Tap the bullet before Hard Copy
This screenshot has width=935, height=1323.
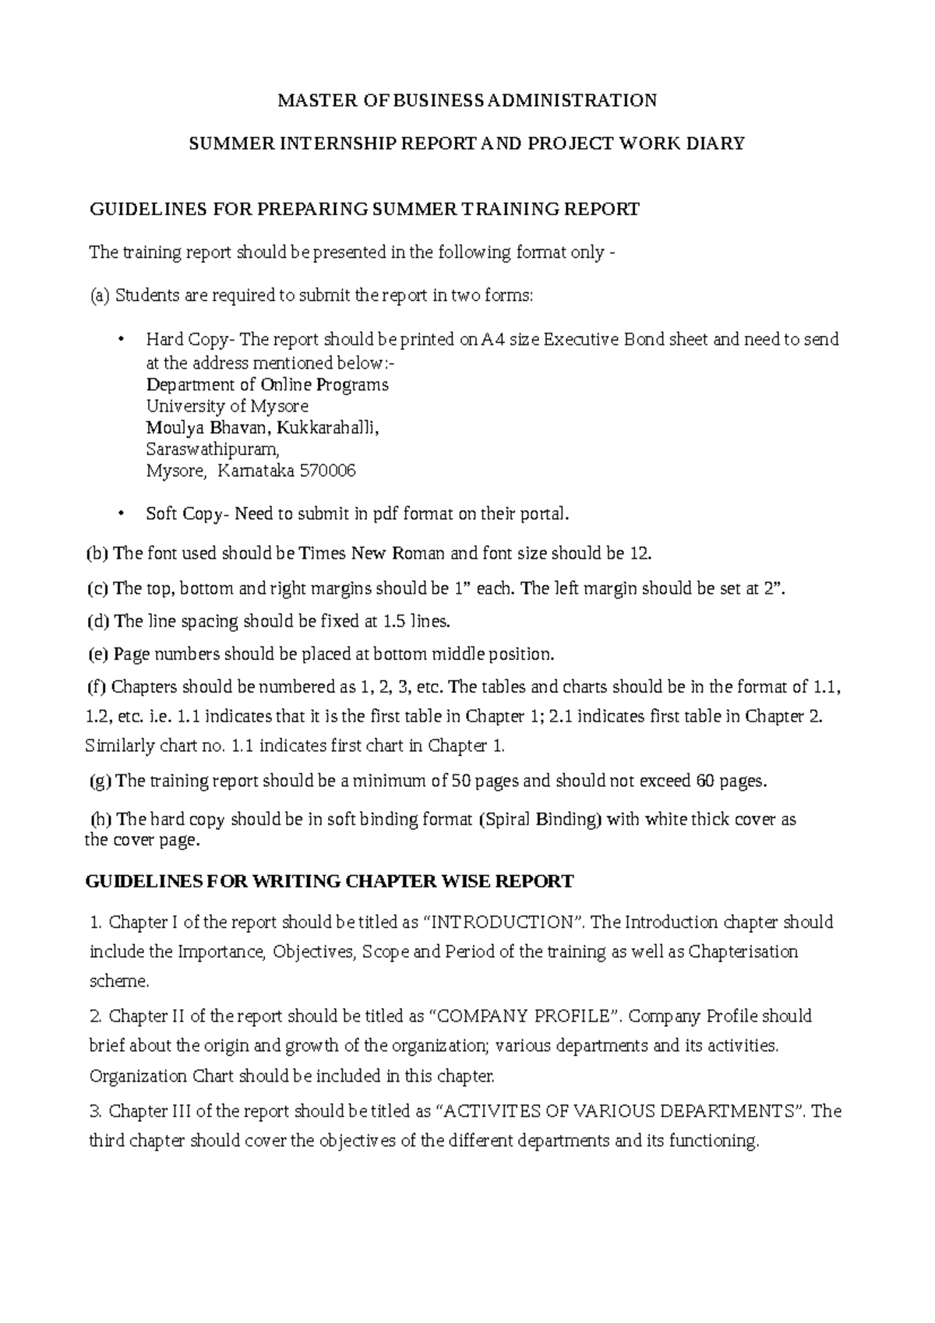point(120,340)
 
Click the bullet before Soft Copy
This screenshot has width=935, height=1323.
point(120,514)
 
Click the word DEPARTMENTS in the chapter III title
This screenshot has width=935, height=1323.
point(736,1111)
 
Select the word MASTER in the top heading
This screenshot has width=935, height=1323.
point(306,101)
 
